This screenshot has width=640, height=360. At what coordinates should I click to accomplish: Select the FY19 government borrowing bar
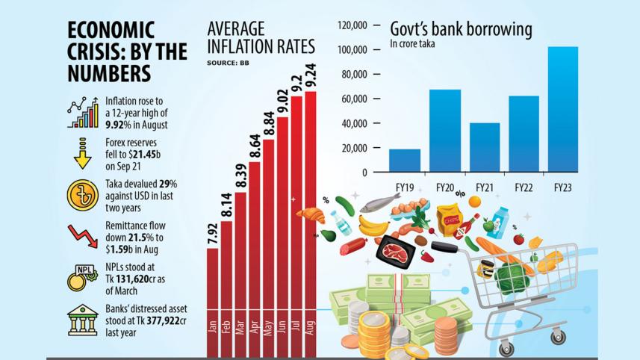coord(404,161)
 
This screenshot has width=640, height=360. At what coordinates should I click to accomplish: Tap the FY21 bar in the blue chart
coord(485,147)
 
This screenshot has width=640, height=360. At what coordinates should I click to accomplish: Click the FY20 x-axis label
coord(444,187)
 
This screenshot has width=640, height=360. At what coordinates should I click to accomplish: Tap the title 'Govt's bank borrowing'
coord(461,29)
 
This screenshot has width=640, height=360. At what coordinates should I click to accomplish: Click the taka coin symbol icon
coord(82,195)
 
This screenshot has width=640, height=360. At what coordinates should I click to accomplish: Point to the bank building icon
coord(82,320)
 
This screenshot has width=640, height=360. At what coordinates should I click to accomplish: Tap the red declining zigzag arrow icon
coord(82,236)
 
